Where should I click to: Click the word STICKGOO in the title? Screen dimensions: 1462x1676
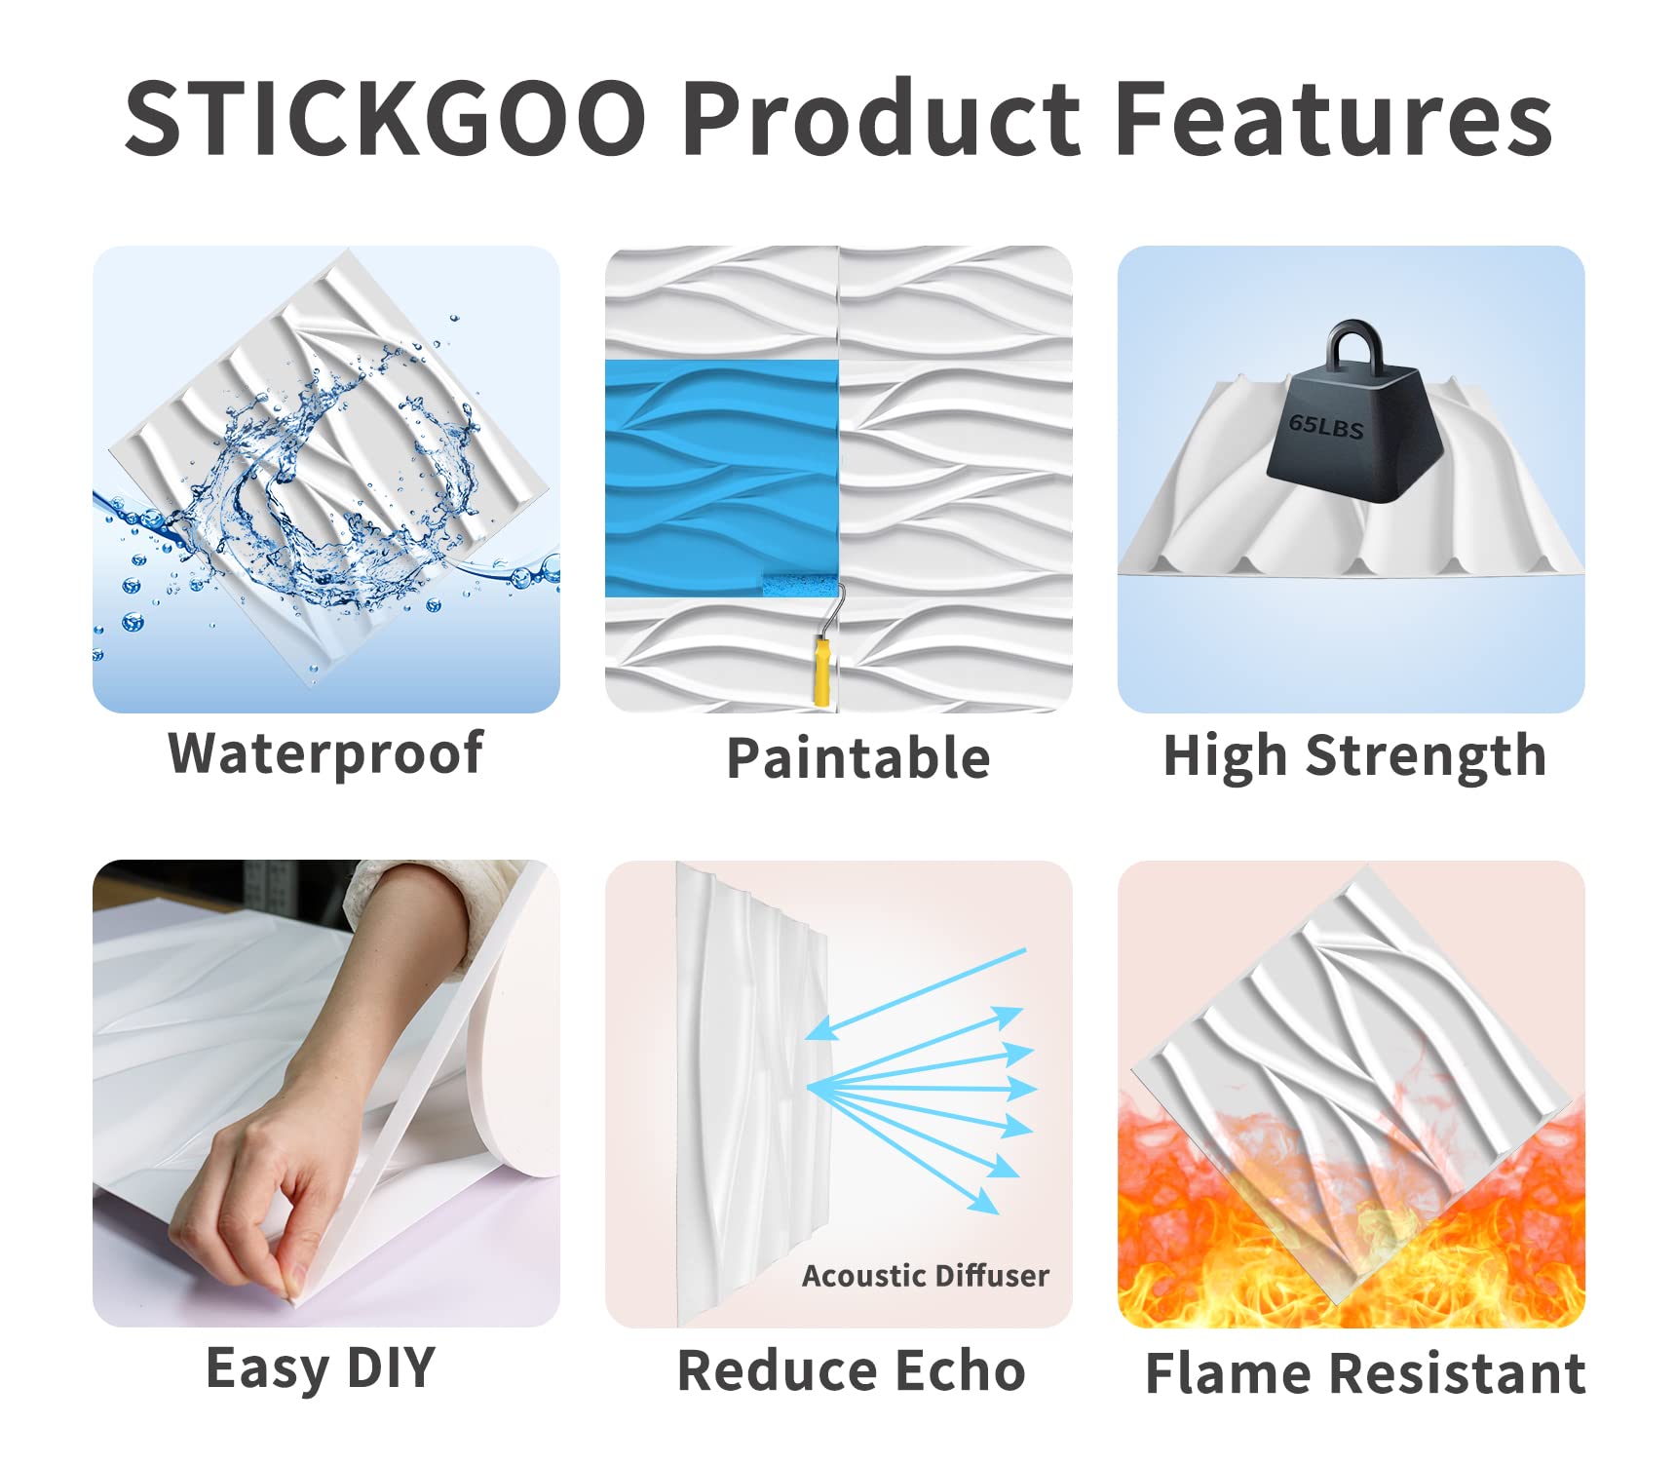point(386,118)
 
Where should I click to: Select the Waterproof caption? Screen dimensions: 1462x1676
point(325,753)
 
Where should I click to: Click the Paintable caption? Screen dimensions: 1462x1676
point(858,758)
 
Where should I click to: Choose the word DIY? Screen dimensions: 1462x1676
point(391,1367)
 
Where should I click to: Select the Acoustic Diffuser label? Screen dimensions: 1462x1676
point(925,1276)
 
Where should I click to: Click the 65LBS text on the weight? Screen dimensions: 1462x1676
point(1326,426)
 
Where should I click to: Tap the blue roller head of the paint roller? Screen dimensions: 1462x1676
point(800,585)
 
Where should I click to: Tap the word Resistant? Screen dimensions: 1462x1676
point(1458,1374)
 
